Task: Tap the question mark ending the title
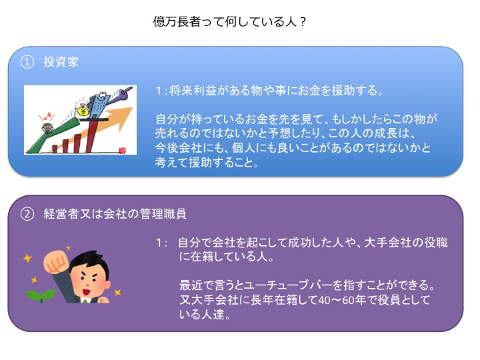click(303, 22)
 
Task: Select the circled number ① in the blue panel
click(27, 62)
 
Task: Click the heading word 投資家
click(61, 62)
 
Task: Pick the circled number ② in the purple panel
click(27, 214)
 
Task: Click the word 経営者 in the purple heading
click(61, 214)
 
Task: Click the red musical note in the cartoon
click(45, 117)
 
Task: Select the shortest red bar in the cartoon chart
click(55, 149)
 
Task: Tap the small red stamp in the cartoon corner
click(123, 150)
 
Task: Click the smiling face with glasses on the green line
click(47, 128)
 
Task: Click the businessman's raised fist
click(55, 263)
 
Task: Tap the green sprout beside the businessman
click(41, 295)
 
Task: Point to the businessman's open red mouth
click(87, 291)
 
